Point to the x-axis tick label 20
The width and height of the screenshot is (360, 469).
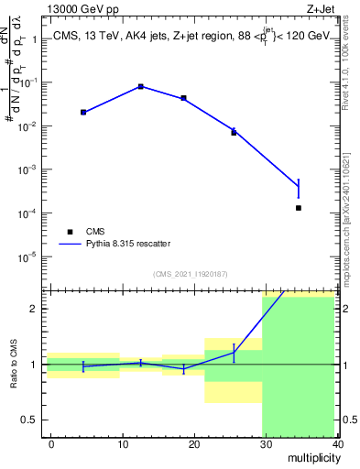coord(194,443)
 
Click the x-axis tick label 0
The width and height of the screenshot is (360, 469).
coord(51,443)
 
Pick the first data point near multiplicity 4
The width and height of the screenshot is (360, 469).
coord(83,112)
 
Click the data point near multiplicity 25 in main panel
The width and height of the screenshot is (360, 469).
coord(234,132)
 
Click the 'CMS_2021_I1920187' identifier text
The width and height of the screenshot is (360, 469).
coord(189,273)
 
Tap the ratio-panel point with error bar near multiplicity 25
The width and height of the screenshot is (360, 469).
coord(234,352)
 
